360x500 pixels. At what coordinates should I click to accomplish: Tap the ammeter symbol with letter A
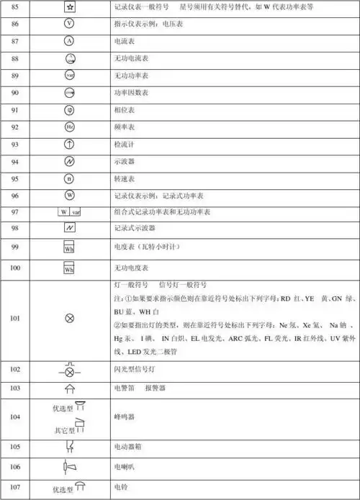coord(70,41)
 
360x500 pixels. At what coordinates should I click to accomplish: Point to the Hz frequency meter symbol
coord(70,127)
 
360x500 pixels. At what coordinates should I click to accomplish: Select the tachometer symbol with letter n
coord(70,178)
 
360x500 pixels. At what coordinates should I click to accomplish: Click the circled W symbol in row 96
coord(70,195)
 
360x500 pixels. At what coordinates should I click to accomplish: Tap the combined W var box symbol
coord(69,213)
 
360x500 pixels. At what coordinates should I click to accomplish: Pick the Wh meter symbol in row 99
coord(69,249)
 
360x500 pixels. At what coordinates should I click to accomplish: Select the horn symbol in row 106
coord(70,467)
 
